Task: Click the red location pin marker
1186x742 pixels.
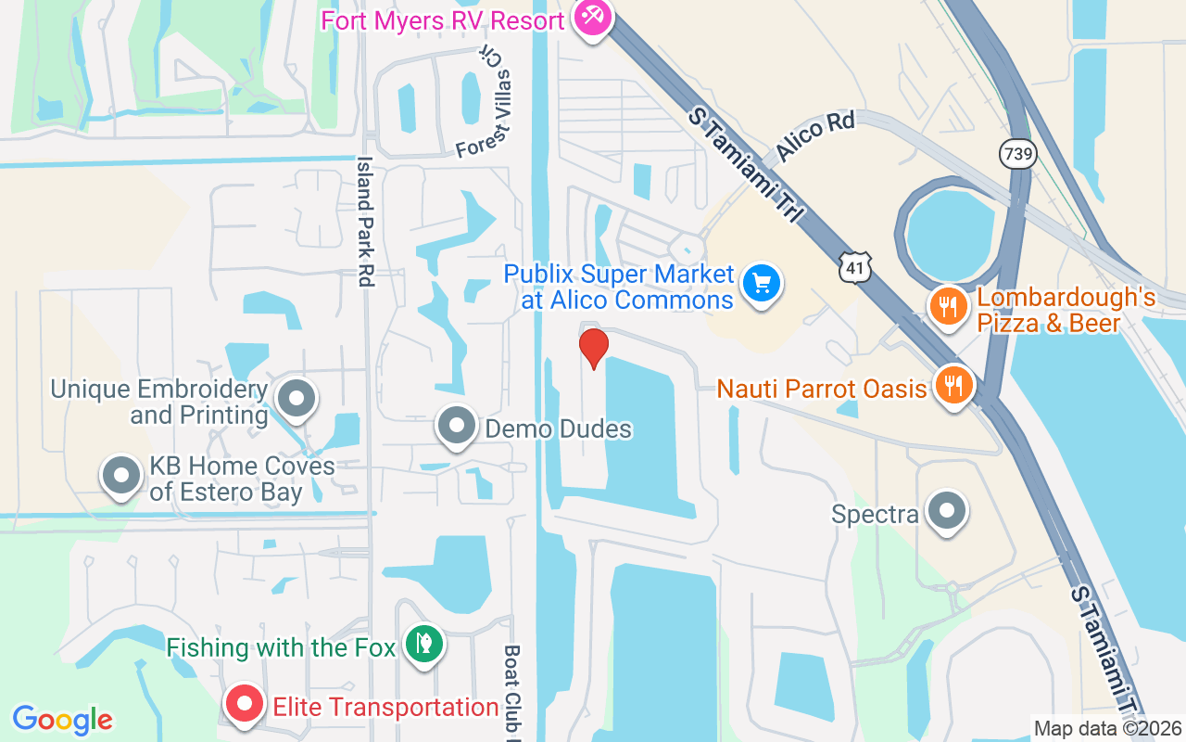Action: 593,348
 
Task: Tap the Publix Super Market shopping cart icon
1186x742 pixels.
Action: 762,283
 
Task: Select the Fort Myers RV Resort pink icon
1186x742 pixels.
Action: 590,17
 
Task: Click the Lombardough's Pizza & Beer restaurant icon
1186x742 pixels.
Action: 947,307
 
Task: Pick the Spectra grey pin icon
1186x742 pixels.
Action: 947,510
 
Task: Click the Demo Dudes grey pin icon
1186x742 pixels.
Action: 456,426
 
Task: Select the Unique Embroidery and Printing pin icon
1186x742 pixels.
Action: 296,398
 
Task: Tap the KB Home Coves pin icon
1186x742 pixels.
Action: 120,475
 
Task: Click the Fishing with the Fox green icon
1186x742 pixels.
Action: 424,643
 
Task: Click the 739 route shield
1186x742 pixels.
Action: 1017,154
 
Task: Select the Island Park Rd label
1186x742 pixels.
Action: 365,221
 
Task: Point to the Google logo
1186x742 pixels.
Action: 63,720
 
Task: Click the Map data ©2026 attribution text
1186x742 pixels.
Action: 1108,729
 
